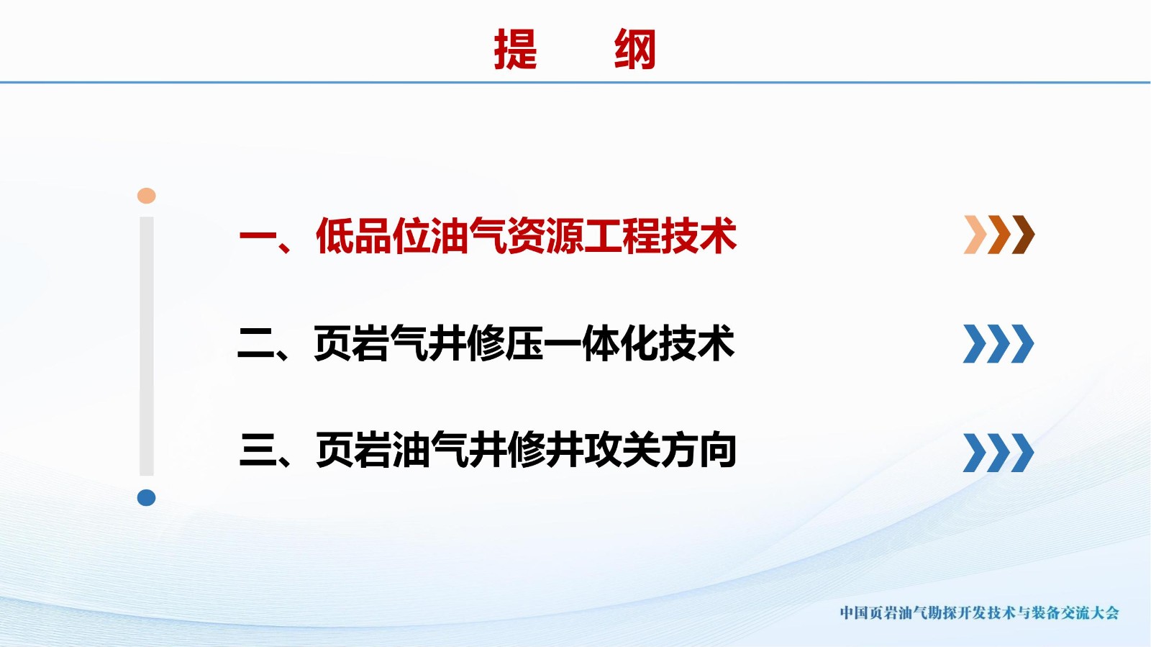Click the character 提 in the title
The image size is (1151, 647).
[x=515, y=49]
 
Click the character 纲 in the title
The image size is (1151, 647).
[x=635, y=49]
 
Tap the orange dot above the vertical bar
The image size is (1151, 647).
[x=147, y=196]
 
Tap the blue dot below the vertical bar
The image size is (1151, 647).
[x=147, y=497]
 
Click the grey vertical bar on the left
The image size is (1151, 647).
[x=147, y=346]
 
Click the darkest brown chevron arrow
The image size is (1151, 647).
[x=1023, y=235]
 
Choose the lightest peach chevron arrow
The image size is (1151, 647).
[x=975, y=235]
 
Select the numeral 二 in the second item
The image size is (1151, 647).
[x=256, y=344]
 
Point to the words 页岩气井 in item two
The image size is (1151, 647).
[x=391, y=343]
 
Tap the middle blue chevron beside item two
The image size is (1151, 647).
[x=998, y=344]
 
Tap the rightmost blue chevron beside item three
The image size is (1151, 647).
[x=1022, y=453]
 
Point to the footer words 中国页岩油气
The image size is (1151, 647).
[x=881, y=612]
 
